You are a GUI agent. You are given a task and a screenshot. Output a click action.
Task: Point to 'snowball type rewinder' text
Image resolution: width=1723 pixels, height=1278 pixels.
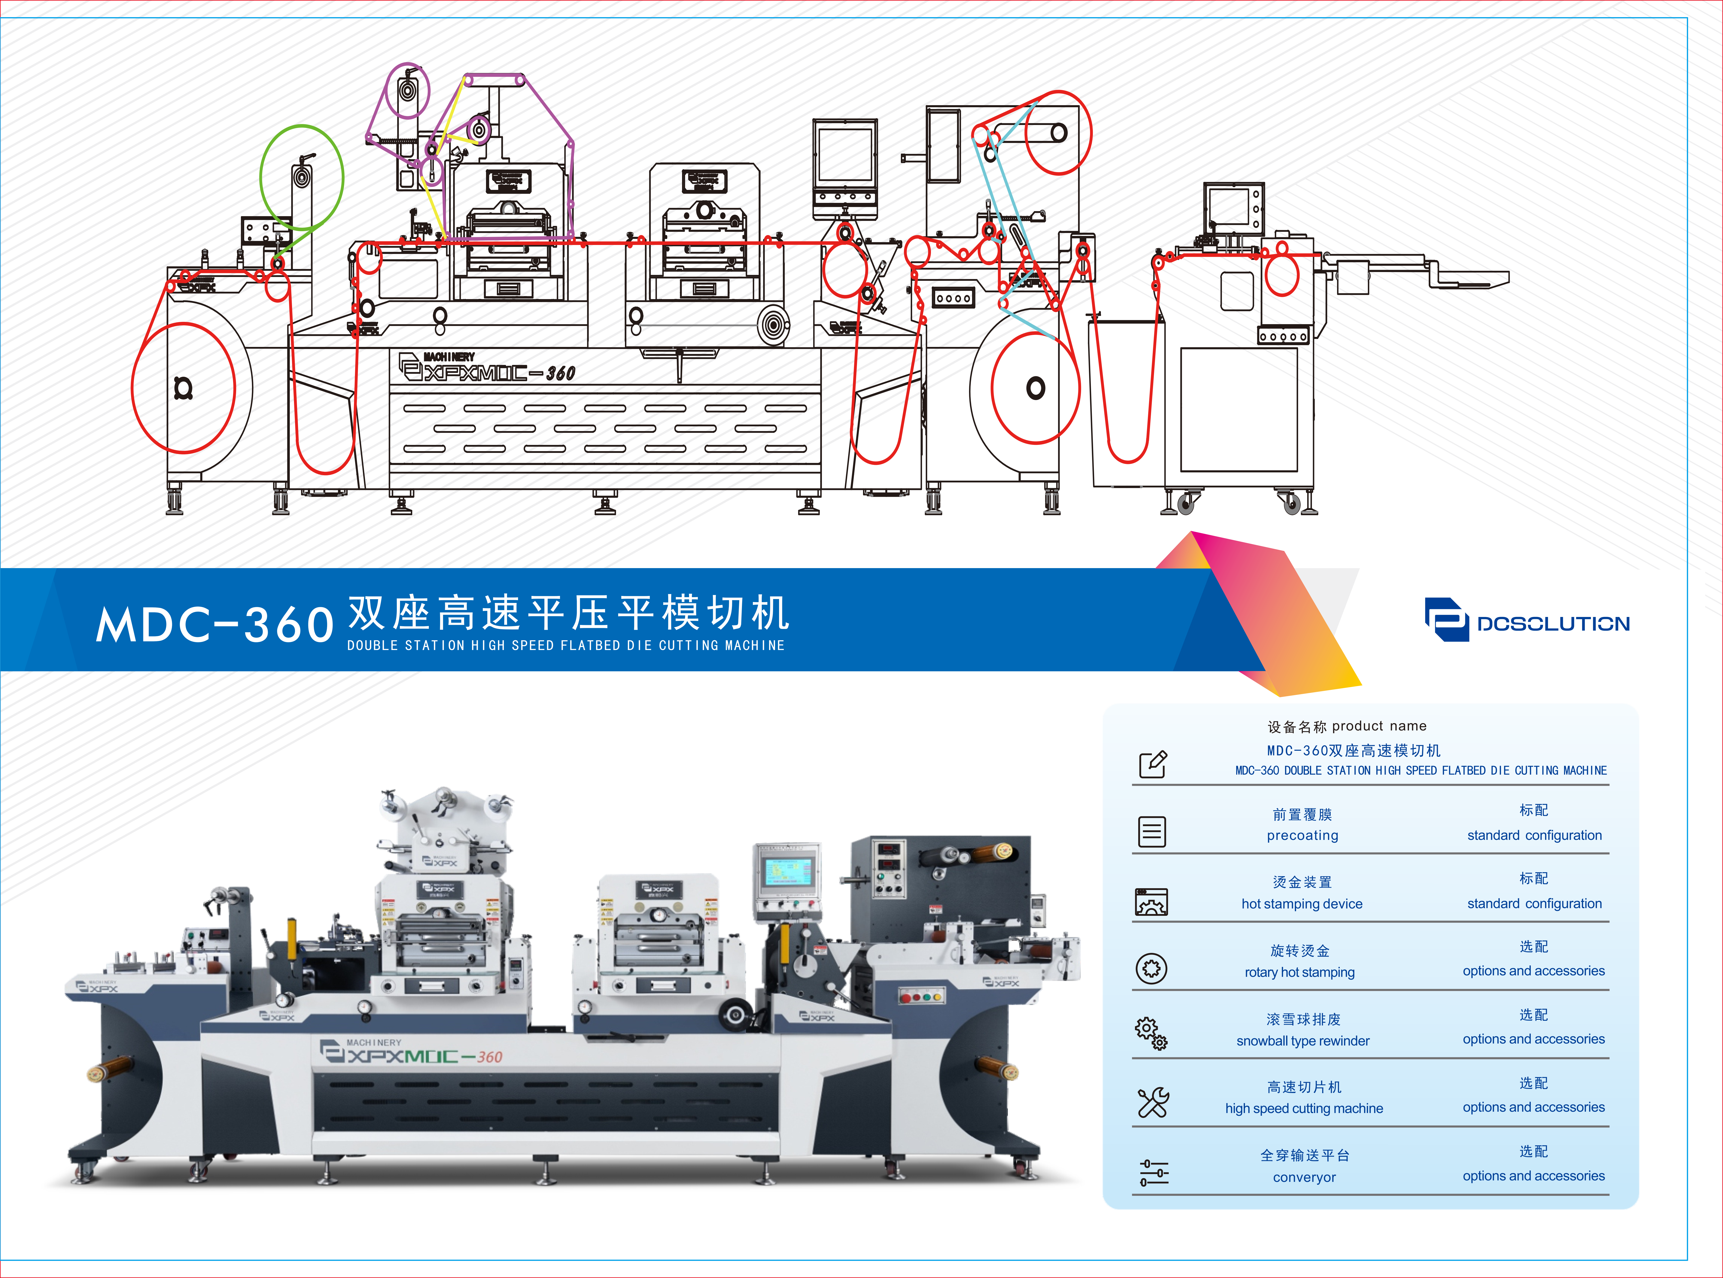tap(1303, 1041)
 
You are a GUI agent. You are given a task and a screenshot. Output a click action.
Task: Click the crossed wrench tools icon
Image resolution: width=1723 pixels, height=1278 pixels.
tap(1153, 1102)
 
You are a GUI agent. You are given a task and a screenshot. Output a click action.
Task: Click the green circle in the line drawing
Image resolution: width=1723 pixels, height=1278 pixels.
tap(301, 177)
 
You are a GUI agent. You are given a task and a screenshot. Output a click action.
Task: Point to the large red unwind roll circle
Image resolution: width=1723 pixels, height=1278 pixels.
tap(183, 388)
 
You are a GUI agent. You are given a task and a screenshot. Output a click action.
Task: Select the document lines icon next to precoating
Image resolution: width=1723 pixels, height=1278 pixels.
tap(1152, 832)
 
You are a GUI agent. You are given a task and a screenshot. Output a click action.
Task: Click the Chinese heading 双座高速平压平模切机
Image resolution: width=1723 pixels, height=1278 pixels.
tap(569, 613)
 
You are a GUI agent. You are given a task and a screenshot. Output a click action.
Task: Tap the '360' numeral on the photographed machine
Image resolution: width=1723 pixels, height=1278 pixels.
tap(490, 1057)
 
